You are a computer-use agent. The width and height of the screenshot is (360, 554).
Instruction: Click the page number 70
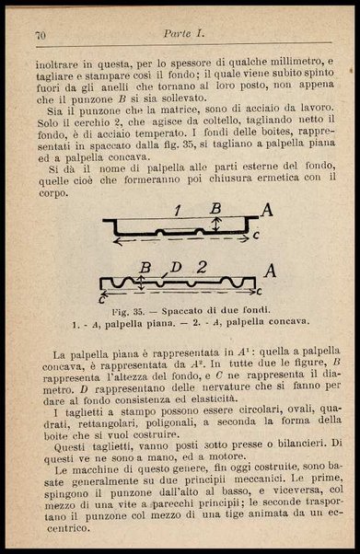point(41,36)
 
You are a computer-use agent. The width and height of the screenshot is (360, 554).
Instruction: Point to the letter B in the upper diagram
point(216,208)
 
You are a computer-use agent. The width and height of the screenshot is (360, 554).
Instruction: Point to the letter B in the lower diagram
point(144,268)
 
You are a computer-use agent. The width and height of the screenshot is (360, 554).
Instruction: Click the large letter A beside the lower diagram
point(269,271)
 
